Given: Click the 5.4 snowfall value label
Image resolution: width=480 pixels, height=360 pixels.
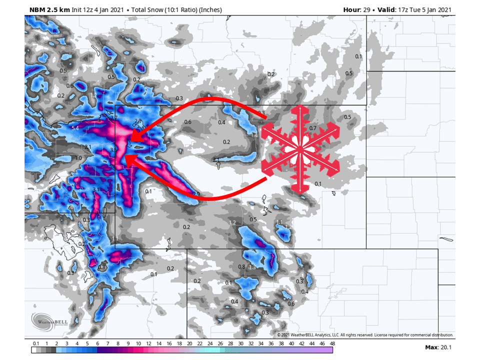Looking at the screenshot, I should pyautogui.click(x=75, y=128).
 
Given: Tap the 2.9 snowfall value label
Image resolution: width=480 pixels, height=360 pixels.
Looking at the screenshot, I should pyautogui.click(x=195, y=194).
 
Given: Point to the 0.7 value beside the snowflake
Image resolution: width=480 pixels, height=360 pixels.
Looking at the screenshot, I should pyautogui.click(x=313, y=128).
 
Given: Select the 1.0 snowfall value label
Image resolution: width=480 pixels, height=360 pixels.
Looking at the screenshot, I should pyautogui.click(x=78, y=158).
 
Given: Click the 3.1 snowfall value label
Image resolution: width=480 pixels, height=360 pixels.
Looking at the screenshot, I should pyautogui.click(x=96, y=189).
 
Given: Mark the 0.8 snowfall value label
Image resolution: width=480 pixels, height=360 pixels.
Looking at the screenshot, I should pyautogui.click(x=241, y=266).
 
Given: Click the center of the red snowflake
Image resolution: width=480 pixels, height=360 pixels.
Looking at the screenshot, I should pyautogui.click(x=299, y=149).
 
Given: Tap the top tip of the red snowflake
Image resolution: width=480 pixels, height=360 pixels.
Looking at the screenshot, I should pyautogui.click(x=299, y=106).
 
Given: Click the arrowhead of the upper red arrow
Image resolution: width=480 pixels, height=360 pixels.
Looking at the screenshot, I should pyautogui.click(x=132, y=137).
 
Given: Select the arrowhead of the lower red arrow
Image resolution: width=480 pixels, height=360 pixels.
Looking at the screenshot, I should pyautogui.click(x=126, y=159).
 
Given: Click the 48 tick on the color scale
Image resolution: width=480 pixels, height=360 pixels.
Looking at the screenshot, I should pyautogui.click(x=332, y=343).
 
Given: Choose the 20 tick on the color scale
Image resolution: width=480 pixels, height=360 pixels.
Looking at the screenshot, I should pyautogui.click(x=189, y=343).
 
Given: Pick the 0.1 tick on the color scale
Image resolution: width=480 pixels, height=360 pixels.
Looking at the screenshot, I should pyautogui.click(x=36, y=343).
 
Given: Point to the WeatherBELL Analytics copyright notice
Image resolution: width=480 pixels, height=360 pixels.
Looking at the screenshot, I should pyautogui.click(x=365, y=334).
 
